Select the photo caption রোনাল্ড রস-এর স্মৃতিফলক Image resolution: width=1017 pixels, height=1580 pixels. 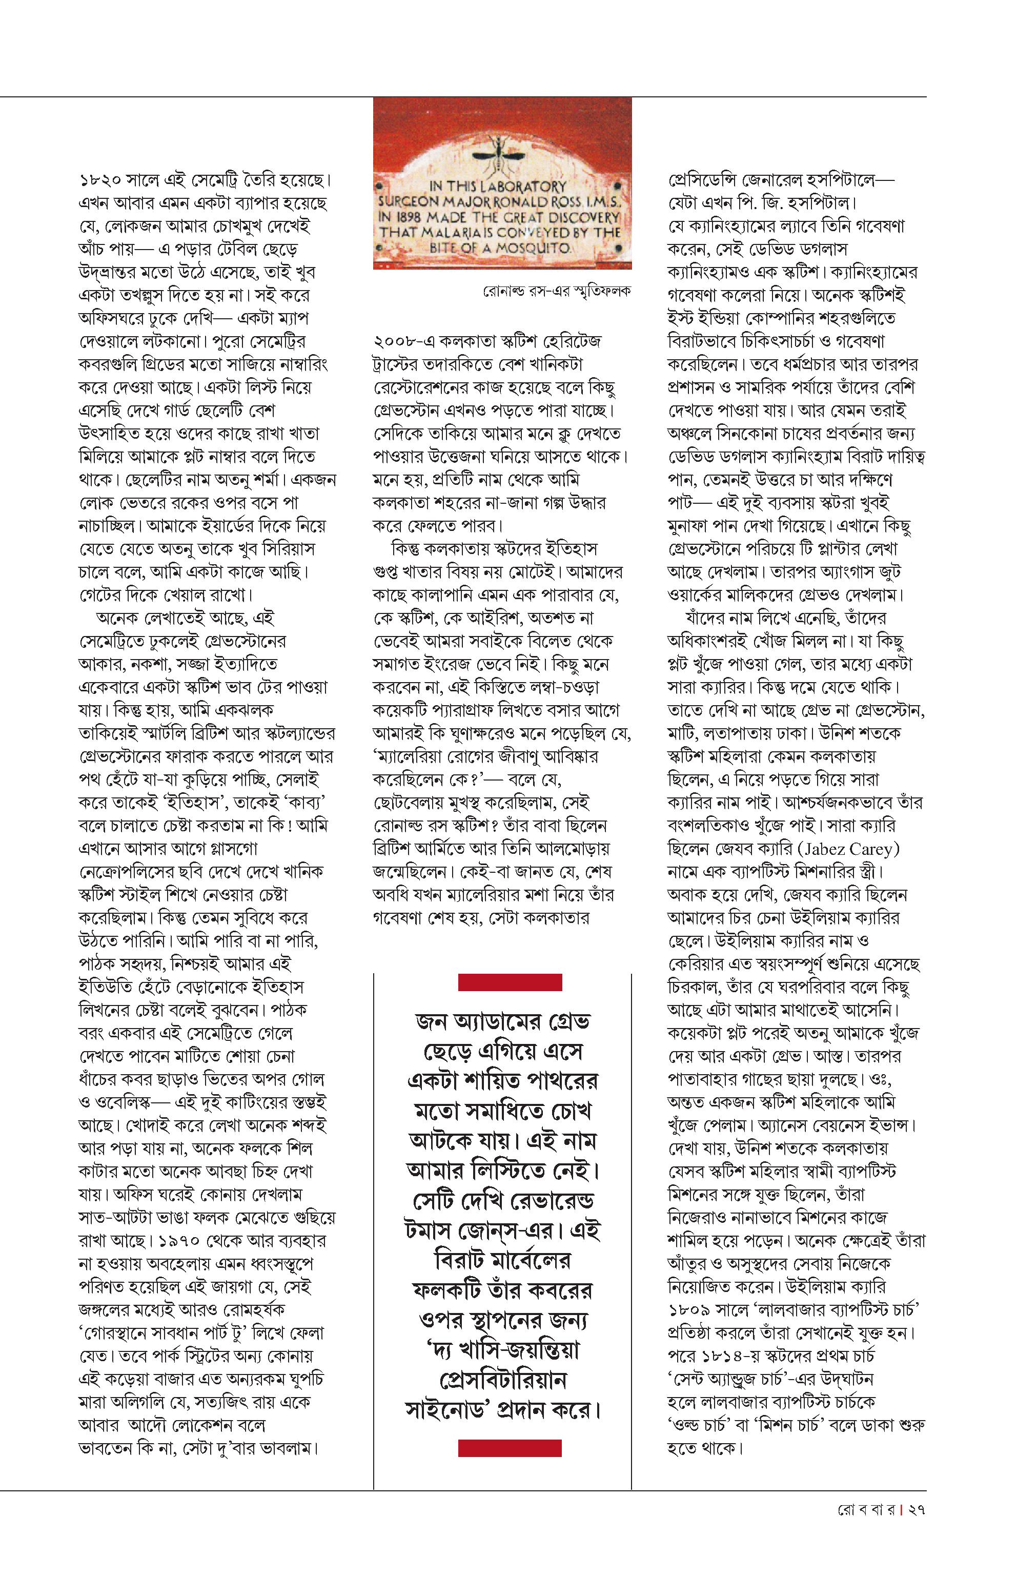click(x=557, y=290)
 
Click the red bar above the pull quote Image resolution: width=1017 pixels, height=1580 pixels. click(x=510, y=982)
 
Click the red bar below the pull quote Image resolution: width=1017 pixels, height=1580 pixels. click(x=510, y=1448)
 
